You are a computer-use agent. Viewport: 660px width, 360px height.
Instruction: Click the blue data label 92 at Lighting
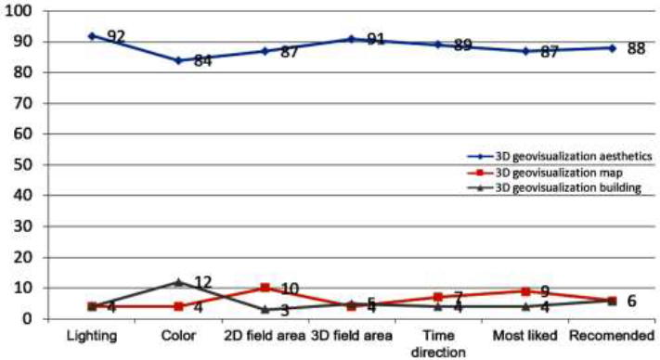click(x=116, y=38)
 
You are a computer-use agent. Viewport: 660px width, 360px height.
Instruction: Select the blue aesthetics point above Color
click(x=178, y=60)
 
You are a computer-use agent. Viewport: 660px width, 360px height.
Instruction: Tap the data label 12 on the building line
click(x=202, y=282)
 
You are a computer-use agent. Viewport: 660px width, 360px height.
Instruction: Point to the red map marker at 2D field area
click(x=265, y=288)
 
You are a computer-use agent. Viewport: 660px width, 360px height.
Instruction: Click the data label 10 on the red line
click(x=289, y=290)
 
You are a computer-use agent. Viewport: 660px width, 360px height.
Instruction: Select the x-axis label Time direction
click(x=439, y=344)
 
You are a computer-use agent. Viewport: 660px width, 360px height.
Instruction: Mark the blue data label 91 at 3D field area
click(x=375, y=41)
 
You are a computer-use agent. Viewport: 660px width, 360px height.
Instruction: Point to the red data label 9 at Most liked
click(x=547, y=293)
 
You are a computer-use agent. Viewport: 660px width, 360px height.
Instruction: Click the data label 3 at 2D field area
click(x=285, y=311)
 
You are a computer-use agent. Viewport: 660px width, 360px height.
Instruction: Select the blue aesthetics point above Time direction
click(x=439, y=44)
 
